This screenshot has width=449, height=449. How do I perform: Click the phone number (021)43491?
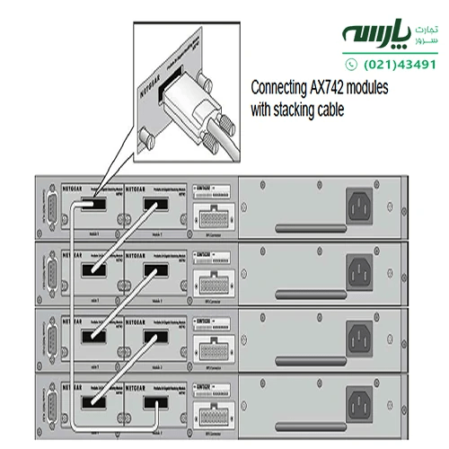401,65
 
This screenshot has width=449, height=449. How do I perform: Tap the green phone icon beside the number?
351,65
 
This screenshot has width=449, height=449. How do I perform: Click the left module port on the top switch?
92,206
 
